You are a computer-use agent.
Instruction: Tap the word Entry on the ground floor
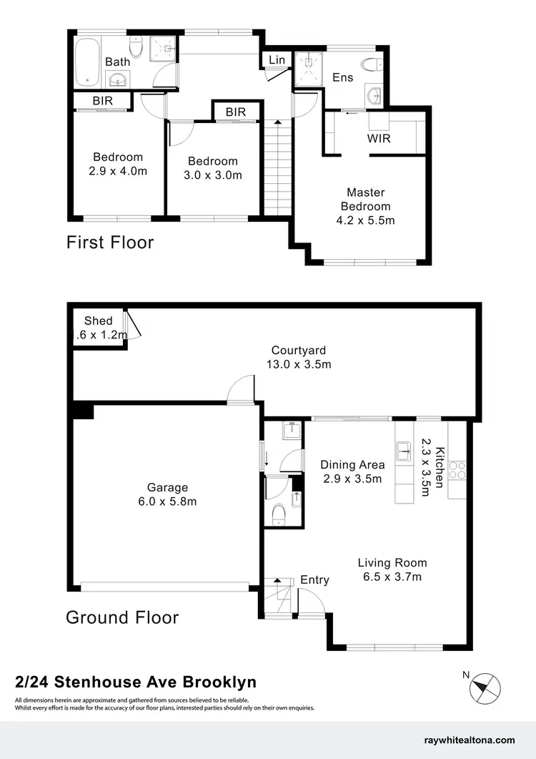(314, 579)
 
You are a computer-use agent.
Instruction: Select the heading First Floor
(110, 243)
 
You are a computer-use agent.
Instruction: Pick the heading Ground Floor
(122, 617)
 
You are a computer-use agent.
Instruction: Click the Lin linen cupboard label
(277, 60)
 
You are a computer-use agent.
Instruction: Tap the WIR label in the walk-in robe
(379, 138)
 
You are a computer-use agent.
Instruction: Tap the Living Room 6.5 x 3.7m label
(392, 569)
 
